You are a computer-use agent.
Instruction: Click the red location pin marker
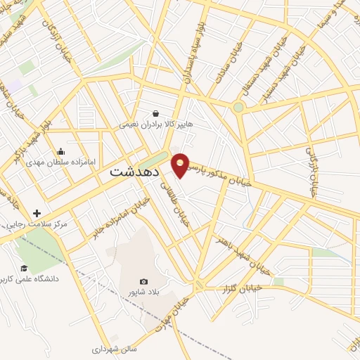(x=181, y=165)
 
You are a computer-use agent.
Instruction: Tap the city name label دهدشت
(x=135, y=172)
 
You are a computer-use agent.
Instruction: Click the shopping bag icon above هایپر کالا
(x=155, y=112)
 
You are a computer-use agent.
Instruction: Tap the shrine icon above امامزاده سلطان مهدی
(x=60, y=150)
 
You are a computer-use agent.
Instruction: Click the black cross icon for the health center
(x=37, y=213)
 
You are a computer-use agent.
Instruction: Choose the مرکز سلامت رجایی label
(x=35, y=224)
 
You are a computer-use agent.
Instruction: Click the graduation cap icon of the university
(x=23, y=268)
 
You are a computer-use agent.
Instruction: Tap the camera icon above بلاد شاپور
(x=144, y=281)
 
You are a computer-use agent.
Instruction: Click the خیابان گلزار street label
(x=241, y=288)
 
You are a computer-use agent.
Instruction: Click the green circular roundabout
(x=238, y=107)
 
